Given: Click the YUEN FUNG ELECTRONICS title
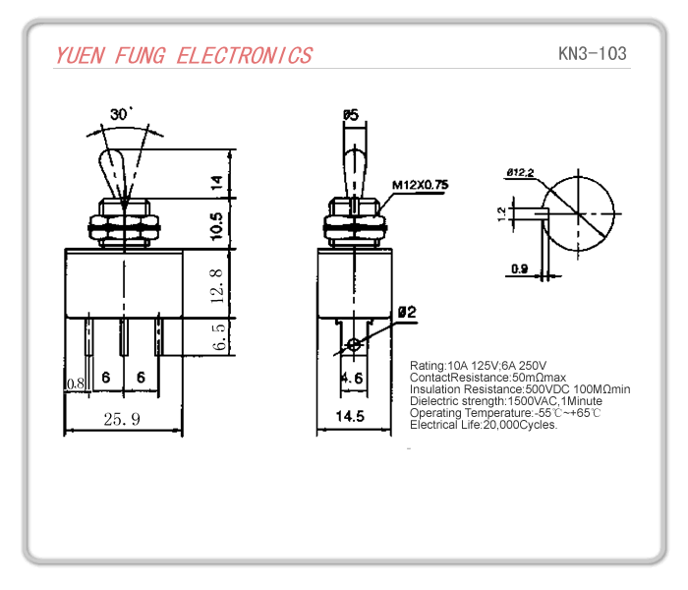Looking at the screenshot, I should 184,55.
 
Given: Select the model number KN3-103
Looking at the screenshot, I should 591,53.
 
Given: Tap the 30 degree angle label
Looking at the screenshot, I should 121,115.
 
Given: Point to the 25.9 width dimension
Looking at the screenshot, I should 122,419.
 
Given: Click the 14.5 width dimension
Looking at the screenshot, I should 348,417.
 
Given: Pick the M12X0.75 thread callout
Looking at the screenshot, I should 420,184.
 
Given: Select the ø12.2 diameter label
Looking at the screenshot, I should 520,174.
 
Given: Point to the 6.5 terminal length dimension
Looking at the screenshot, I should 219,336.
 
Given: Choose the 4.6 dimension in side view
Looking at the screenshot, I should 352,379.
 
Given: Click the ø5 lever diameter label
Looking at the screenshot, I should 350,115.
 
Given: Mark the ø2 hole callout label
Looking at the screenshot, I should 407,313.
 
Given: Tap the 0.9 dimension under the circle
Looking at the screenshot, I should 519,268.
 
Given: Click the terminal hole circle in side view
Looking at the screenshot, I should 354,345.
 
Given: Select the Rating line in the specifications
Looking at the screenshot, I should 478,366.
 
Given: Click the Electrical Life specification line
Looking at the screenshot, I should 484,425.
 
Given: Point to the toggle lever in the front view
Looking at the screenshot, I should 117,175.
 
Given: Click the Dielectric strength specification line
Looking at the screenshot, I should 506,401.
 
